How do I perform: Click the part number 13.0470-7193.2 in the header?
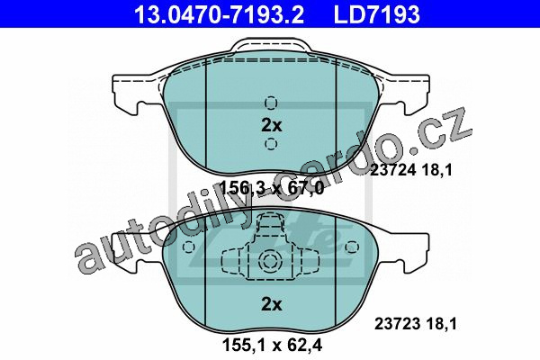pos(220,14)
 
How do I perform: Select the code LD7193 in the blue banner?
pos(377,14)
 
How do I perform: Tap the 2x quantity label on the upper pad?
pos(272,125)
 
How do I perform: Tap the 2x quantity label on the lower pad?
pos(272,304)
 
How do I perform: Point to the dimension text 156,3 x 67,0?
pos(272,188)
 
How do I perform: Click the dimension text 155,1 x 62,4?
pos(272,345)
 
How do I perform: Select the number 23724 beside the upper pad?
pos(391,170)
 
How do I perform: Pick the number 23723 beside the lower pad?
pos(396,324)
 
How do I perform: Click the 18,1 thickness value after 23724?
pos(436,170)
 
